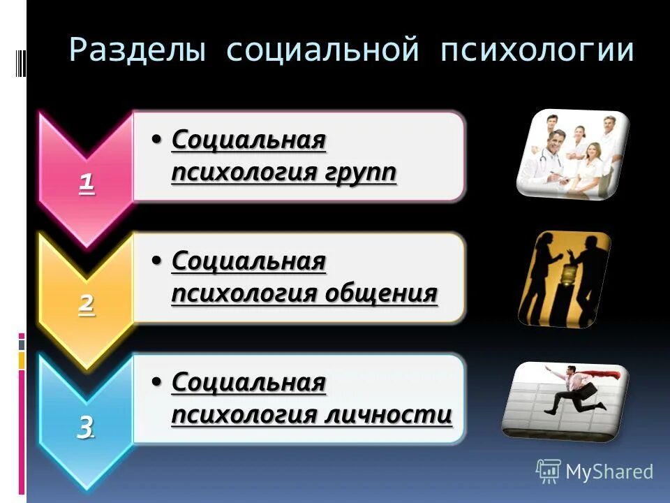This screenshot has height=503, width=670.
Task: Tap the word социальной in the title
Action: point(323,52)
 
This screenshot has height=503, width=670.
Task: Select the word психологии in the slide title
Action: point(537,52)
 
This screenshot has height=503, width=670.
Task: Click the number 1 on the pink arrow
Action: point(87,183)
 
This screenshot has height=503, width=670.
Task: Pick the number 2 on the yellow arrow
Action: point(87,305)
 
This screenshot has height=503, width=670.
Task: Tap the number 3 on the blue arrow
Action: point(86,427)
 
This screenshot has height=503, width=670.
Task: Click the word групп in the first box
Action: point(360,171)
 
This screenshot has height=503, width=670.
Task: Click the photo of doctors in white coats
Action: point(572,154)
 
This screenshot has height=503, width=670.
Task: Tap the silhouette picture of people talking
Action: point(564,279)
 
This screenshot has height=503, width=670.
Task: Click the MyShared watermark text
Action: point(609,472)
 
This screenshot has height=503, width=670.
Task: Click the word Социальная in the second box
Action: point(248,261)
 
